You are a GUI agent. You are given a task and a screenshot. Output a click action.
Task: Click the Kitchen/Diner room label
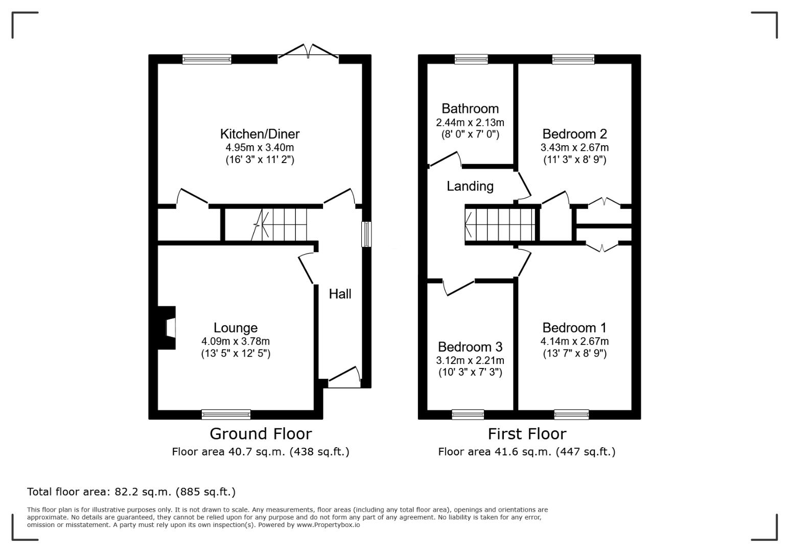point(260,134)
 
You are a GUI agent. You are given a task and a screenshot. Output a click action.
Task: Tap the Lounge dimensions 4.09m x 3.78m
point(236,341)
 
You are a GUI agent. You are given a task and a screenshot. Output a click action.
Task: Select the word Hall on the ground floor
point(340,294)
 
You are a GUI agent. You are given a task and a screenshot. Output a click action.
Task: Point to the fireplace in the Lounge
point(167,328)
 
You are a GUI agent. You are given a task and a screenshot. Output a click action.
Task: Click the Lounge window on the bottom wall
point(226,415)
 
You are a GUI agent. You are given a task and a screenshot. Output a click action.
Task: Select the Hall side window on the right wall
point(367,234)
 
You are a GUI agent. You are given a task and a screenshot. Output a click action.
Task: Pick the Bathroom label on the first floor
point(470,108)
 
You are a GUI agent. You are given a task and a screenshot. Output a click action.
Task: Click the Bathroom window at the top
point(471,59)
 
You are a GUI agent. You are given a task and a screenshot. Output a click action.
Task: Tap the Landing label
point(470,187)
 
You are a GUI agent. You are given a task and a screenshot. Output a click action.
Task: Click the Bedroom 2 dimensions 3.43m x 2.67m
point(574,147)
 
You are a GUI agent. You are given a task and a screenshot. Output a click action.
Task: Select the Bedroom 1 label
point(574,328)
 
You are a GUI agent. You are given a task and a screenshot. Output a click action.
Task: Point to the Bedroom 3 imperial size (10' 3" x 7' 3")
point(470,373)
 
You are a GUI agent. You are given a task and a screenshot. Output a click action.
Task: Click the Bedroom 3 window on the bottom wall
point(468,415)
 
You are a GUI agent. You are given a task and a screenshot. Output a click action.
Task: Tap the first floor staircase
point(500,224)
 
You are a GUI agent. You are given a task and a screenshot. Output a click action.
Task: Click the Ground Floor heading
point(261,434)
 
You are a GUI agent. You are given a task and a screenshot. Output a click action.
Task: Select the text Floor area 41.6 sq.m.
point(495,452)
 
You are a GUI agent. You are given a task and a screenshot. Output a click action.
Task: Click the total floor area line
point(131,492)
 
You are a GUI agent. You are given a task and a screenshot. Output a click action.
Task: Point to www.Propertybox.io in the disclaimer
point(328,525)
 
